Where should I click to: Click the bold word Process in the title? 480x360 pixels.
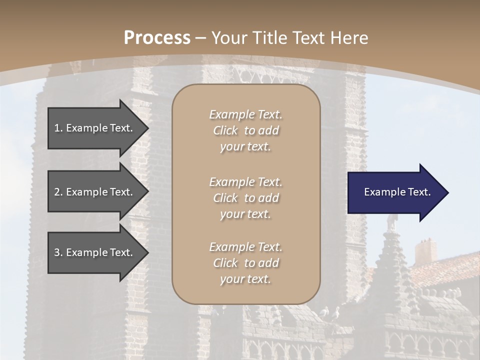157,38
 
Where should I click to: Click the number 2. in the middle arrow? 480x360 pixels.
58,192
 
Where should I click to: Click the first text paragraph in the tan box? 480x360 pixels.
245,130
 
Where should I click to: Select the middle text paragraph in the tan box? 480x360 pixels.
245,198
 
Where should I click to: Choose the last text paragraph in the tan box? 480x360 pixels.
245,263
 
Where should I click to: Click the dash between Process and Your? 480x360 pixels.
201,38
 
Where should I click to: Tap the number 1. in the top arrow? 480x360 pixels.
58,128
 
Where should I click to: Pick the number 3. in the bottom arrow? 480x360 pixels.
58,252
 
